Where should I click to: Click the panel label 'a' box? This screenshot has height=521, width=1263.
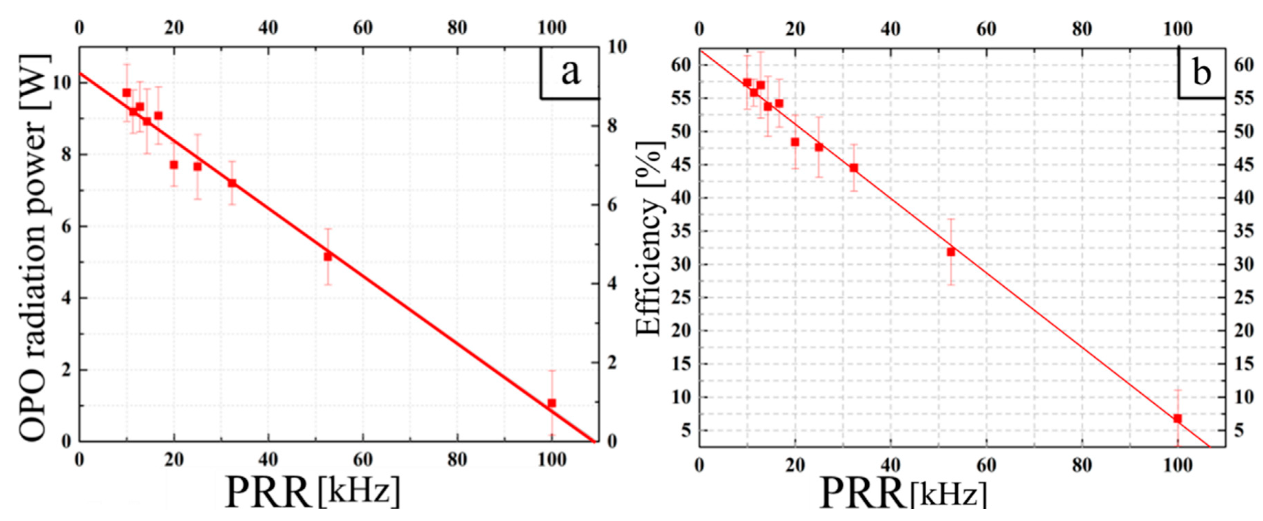click(570, 73)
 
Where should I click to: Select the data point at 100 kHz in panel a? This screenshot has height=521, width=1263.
click(552, 403)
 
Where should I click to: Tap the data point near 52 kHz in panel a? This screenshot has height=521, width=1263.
click(328, 256)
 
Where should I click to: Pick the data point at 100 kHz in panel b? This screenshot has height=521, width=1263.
click(1177, 418)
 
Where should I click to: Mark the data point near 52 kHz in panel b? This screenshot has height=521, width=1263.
click(951, 252)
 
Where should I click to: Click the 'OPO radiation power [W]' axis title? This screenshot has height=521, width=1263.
click(34, 248)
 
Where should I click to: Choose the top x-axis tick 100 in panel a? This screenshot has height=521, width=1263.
click(552, 28)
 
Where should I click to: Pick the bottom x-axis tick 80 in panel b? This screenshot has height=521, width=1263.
click(1081, 465)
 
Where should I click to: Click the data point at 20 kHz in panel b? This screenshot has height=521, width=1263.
click(795, 142)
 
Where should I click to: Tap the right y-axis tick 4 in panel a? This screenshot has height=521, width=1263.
click(612, 284)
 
